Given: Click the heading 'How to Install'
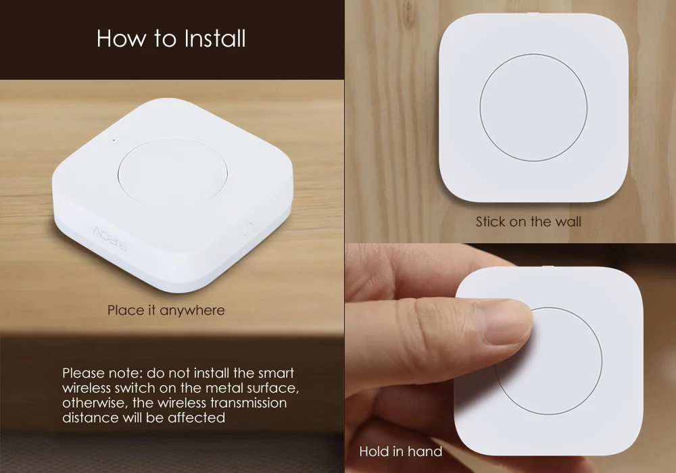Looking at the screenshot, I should (x=171, y=39).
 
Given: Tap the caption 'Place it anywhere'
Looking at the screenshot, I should (x=166, y=311).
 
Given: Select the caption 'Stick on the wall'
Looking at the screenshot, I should (x=528, y=222).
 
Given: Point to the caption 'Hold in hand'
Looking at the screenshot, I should (x=400, y=451).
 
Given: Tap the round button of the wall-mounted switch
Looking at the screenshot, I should (x=533, y=108).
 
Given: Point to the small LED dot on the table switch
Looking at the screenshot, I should (x=114, y=141).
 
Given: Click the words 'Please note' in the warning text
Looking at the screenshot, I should (x=96, y=374).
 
